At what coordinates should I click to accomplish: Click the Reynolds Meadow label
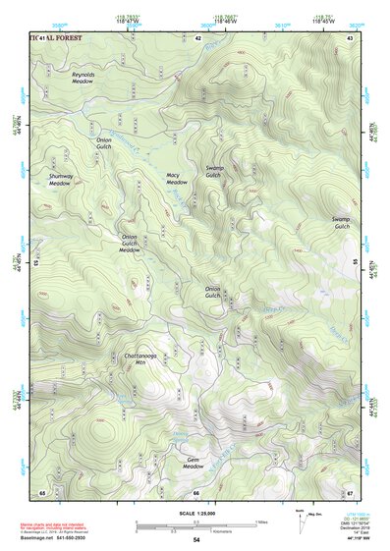[83, 78]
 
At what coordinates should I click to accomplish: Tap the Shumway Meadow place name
[61, 180]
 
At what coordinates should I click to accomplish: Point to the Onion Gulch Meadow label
[130, 244]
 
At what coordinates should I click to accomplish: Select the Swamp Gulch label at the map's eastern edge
[341, 223]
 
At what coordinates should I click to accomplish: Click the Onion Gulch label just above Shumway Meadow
[104, 143]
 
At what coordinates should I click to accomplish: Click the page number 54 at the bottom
[195, 540]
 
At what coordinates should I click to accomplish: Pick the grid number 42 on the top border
[197, 37]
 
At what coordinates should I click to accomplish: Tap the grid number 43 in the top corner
[350, 37]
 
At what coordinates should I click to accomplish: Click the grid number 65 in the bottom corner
[42, 491]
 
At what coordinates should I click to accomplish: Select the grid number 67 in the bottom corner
[350, 491]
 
